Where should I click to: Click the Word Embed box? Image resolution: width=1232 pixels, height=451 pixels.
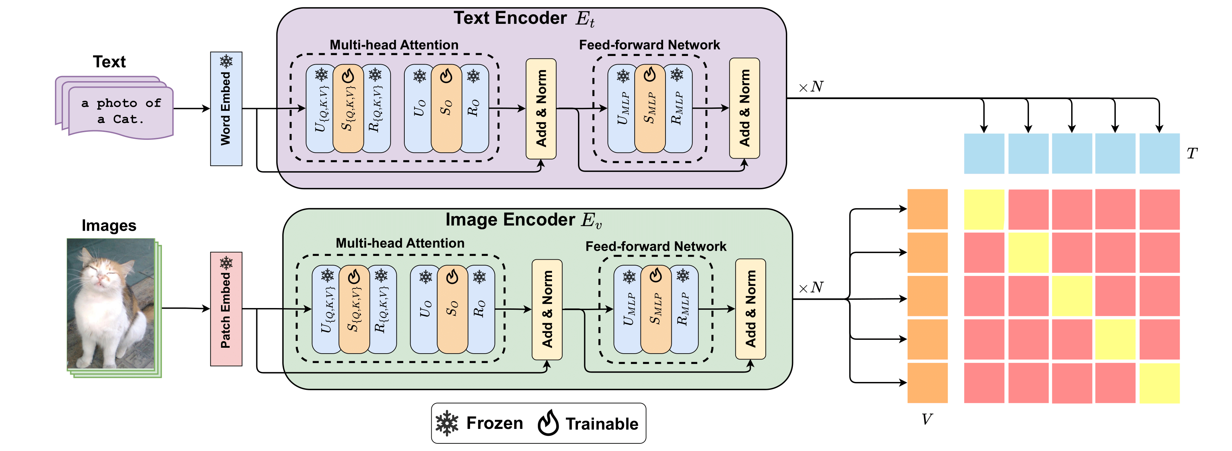(226, 109)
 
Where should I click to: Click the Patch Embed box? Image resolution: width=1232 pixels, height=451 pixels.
(226, 309)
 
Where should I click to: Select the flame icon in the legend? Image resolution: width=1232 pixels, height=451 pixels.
(548, 423)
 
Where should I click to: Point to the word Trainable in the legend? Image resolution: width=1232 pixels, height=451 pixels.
(602, 424)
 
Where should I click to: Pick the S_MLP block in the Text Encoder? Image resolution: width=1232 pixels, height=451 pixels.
(650, 109)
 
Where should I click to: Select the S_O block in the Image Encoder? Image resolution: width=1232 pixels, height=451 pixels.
(452, 309)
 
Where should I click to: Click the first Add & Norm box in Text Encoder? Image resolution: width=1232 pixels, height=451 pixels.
(541, 109)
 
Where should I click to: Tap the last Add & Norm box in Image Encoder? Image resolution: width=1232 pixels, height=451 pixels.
(751, 309)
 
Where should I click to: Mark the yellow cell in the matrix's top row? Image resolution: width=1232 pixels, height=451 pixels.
(984, 210)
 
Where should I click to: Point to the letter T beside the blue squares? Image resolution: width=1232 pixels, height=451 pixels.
(1192, 153)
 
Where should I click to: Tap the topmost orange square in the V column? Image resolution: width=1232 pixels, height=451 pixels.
(927, 209)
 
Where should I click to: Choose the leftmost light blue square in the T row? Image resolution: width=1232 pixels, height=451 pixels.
(984, 153)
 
